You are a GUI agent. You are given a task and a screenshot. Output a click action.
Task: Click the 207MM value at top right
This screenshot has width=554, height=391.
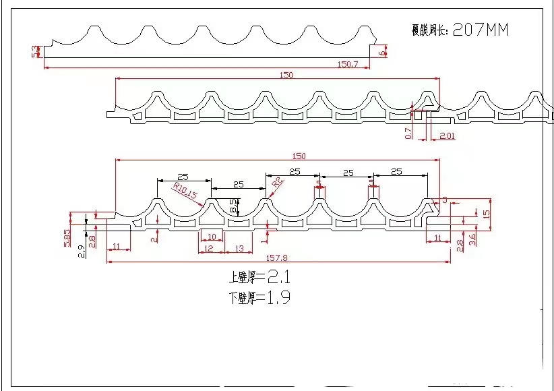pyautogui.click(x=481, y=30)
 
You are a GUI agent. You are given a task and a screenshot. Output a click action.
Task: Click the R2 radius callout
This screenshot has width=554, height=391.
pyautogui.click(x=277, y=183)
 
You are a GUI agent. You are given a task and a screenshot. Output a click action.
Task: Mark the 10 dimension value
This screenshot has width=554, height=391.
pyautogui.click(x=211, y=237)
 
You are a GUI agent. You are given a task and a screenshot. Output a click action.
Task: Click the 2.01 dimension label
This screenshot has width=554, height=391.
pyautogui.click(x=447, y=136)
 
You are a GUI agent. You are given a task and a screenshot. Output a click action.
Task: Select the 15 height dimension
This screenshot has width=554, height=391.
pyautogui.click(x=486, y=213)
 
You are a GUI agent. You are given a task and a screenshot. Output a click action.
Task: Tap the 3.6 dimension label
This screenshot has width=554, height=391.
pyautogui.click(x=473, y=240)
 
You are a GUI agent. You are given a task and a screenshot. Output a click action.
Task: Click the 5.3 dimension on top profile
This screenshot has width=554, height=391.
pyautogui.click(x=35, y=51)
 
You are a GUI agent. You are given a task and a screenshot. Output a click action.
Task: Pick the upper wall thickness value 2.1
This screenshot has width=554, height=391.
pyautogui.click(x=278, y=276)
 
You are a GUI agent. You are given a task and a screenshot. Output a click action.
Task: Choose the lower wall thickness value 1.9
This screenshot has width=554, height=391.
pyautogui.click(x=278, y=298)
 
